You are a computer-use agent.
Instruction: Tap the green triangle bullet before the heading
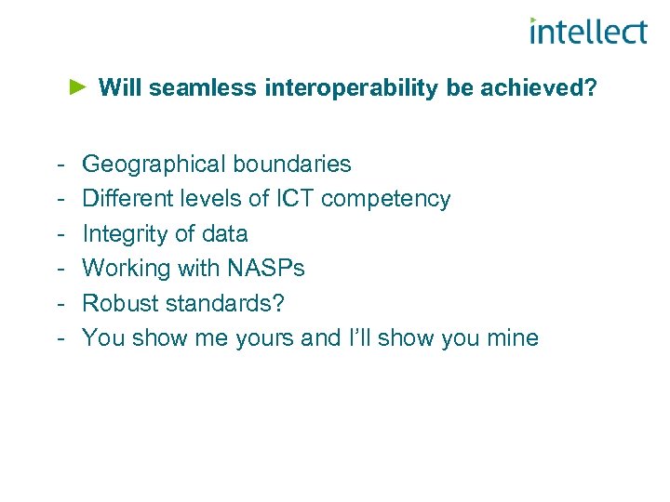coord(78,87)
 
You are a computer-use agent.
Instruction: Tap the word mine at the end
coord(510,337)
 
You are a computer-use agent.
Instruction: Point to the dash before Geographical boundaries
coord(59,165)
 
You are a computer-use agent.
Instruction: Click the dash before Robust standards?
coord(59,303)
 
